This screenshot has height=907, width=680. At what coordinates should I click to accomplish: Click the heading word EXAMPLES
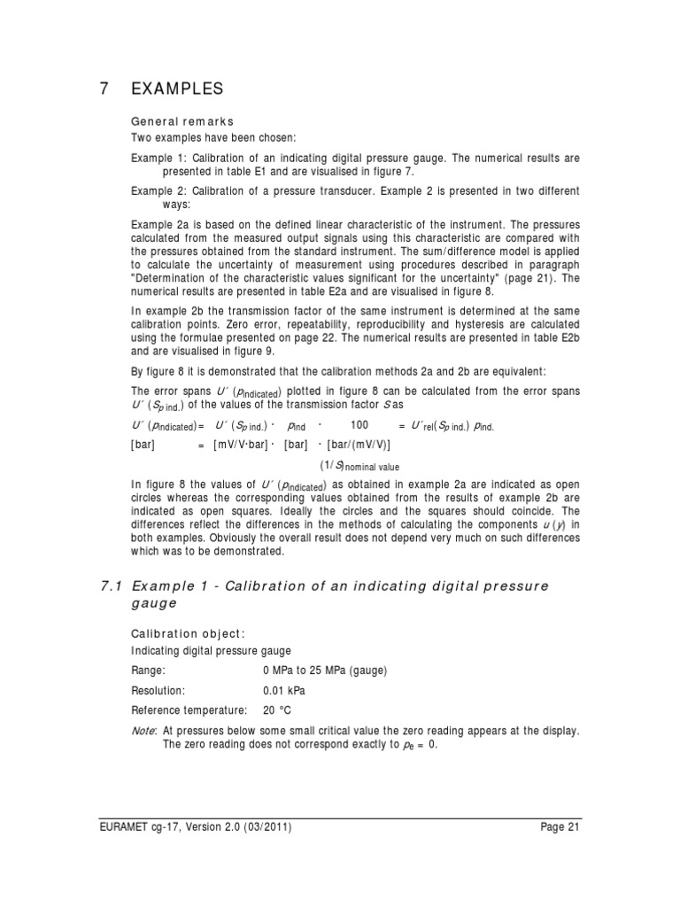(x=177, y=89)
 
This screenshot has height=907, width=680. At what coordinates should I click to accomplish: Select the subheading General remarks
(x=182, y=121)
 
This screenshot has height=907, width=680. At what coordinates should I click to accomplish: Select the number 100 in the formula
(x=359, y=425)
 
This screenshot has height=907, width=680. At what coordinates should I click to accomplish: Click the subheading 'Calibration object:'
(x=188, y=633)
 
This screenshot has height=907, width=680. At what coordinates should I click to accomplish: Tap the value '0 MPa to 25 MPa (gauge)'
(x=325, y=671)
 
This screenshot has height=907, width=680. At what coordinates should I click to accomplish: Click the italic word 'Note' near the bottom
(x=143, y=731)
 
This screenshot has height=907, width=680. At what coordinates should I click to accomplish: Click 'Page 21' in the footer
(x=560, y=827)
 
